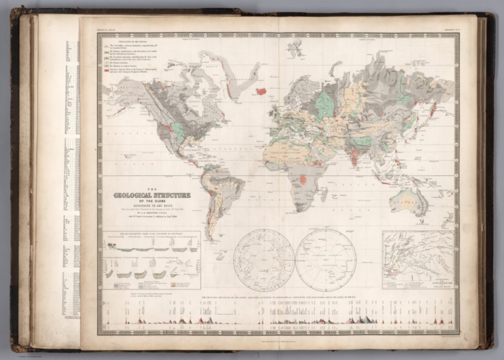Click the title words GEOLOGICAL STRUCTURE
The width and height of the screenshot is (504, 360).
pos(152,195)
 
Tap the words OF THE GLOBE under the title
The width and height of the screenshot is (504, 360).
pos(152,201)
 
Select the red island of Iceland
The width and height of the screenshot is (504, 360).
pos(261,90)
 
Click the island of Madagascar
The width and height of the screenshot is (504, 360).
pos(324,194)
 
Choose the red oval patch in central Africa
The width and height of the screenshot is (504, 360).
pos(303,179)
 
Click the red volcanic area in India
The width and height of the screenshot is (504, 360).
pos(354,157)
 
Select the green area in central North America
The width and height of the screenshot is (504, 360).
pos(178,130)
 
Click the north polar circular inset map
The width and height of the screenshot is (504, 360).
pos(264,260)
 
